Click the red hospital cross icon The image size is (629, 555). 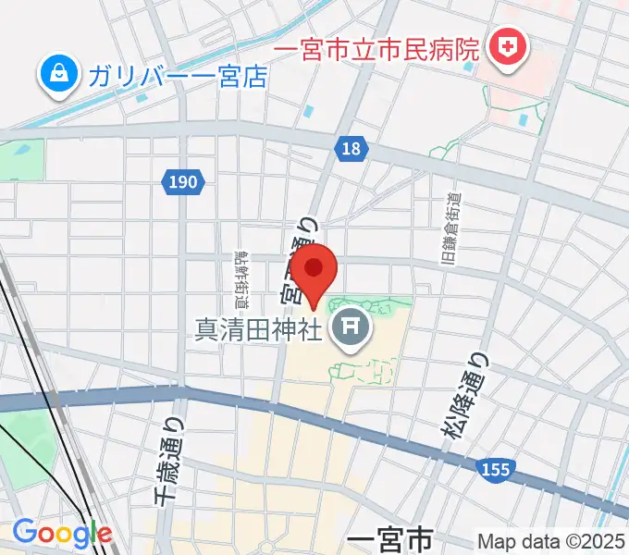coord(508,45)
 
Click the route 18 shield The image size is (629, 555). coord(352,148)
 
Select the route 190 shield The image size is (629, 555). coord(184,182)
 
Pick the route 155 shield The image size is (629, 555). coord(497,471)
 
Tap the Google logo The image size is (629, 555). coord(62,533)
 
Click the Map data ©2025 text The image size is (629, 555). coord(550,541)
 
